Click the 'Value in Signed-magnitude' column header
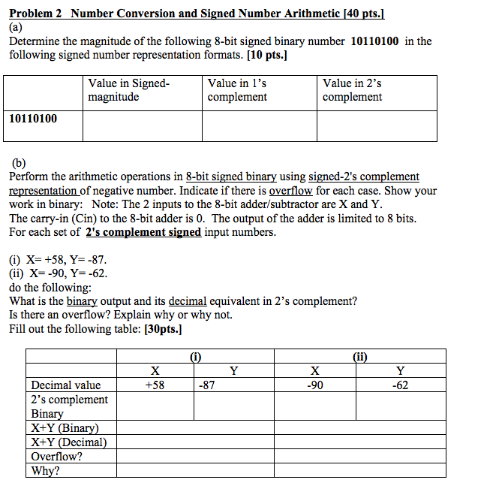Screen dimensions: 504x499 [x=128, y=90]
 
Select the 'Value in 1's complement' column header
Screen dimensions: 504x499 [x=237, y=90]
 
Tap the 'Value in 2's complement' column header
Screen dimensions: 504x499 [x=352, y=90]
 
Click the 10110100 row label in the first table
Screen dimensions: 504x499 [x=33, y=118]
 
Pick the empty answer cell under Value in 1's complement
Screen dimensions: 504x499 [x=258, y=126]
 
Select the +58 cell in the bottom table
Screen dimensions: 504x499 [x=154, y=385]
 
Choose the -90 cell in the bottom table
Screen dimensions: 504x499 [x=315, y=385]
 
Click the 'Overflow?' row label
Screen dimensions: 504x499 [x=56, y=457]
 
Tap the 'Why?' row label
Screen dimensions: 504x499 [x=44, y=471]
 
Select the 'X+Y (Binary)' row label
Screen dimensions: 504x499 [x=65, y=428]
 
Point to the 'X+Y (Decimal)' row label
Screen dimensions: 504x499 [x=68, y=442]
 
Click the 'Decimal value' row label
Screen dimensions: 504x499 [x=65, y=385]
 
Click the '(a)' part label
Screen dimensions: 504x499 [x=17, y=27]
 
